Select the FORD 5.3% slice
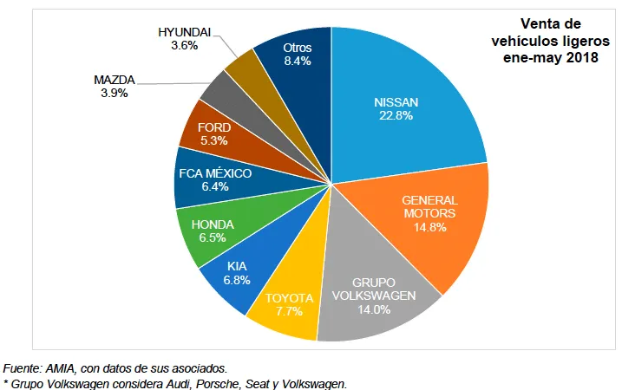[x=213, y=133]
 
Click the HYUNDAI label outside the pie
[x=184, y=32]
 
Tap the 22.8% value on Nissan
[x=396, y=114]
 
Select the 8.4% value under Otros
[x=298, y=61]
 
